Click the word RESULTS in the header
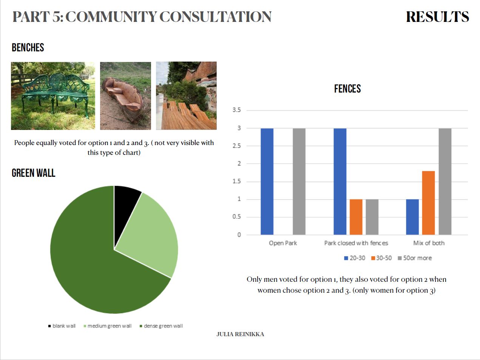pos(437,17)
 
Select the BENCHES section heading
pos(28,48)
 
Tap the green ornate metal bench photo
pos(53,96)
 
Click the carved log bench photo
pos(125,96)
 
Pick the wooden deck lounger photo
pos(186,96)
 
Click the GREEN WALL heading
pos(34,173)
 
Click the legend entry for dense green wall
pos(161,326)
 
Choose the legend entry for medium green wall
pos(108,326)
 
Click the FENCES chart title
pos(347,88)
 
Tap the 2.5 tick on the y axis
pos(237,146)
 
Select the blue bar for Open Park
pos(267,182)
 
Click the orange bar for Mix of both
pos(428,203)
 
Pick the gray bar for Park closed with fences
pos(372,217)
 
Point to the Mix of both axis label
pos(429,243)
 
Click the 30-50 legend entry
pos(381,258)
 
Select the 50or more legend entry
pos(415,258)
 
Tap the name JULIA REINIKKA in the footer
pos(240,334)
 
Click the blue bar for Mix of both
pos(412,217)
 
